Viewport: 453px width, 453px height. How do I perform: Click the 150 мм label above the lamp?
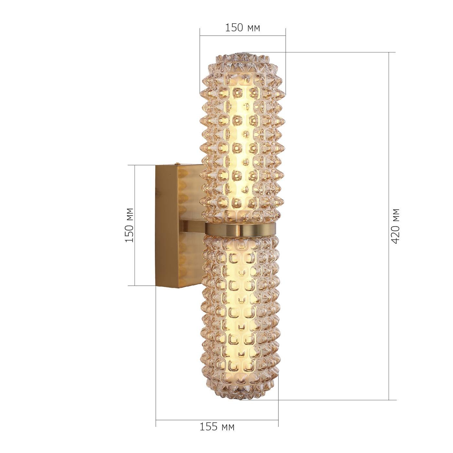point(242,28)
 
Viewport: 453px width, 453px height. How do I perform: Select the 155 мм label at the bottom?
point(216,427)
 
